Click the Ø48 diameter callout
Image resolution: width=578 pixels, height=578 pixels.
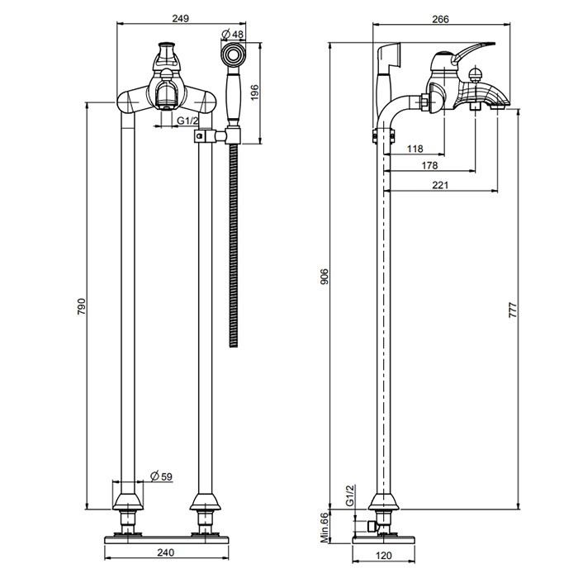(234, 34)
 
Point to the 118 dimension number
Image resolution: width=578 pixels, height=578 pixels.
(416, 149)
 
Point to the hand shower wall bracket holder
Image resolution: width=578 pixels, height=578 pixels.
(232, 135)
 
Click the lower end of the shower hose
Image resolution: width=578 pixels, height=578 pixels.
(234, 339)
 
